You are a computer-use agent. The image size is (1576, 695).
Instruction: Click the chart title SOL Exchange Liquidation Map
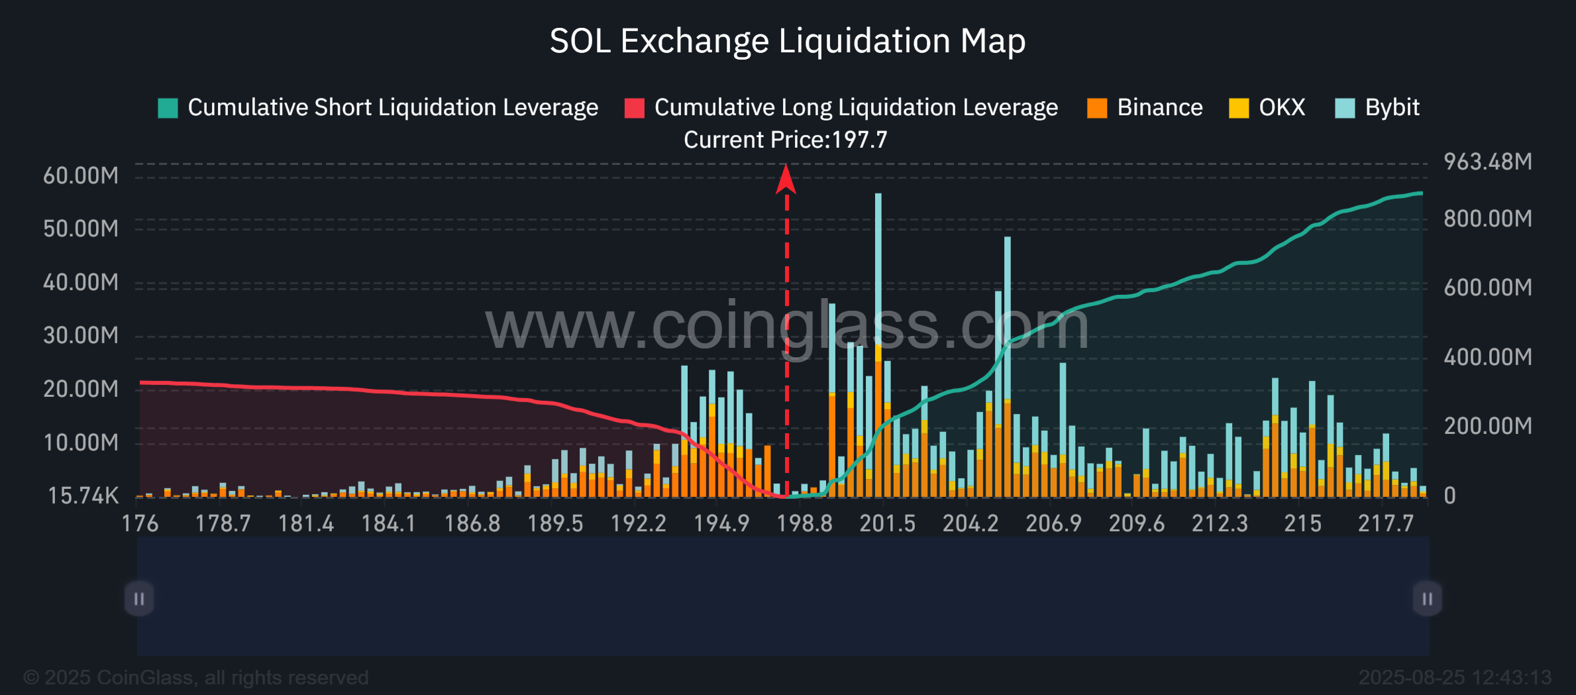[x=787, y=41]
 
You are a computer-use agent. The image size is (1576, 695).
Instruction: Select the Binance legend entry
[x=1145, y=107]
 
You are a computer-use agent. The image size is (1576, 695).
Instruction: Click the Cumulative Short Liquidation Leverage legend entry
[x=378, y=107]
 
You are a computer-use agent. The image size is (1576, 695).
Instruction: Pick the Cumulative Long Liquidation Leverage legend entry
[x=841, y=107]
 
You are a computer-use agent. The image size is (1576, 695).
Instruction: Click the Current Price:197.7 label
[x=785, y=140]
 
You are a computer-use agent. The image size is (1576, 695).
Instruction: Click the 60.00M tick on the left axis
[x=81, y=176]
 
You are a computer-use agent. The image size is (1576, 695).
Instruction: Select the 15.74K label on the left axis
[x=83, y=496]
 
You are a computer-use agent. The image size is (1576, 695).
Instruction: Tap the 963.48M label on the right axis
[x=1487, y=162]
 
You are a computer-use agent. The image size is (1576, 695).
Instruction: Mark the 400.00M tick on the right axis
[x=1487, y=357]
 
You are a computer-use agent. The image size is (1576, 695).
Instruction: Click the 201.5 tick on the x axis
[x=887, y=523]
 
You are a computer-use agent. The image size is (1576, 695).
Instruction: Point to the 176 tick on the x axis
[x=140, y=523]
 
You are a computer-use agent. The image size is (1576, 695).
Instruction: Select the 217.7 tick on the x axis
[x=1385, y=523]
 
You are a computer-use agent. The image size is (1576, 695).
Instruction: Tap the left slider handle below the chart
[x=139, y=599]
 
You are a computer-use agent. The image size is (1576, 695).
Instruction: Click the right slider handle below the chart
[x=1427, y=599]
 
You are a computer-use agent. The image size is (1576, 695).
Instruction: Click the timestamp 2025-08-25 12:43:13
[x=1454, y=677]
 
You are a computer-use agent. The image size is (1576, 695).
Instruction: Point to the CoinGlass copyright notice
[x=196, y=677]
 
